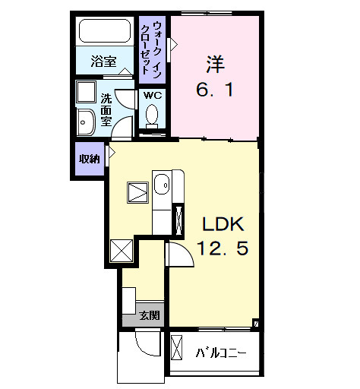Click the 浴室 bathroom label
pyautogui.click(x=103, y=62)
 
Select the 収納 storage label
pyautogui.click(x=89, y=159)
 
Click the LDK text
pyautogui.click(x=221, y=224)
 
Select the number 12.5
pyautogui.click(x=222, y=248)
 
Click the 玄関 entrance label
pyautogui.click(x=150, y=315)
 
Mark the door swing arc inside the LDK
pyautogui.click(x=176, y=255)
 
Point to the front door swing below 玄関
pyautogui.click(x=145, y=346)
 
